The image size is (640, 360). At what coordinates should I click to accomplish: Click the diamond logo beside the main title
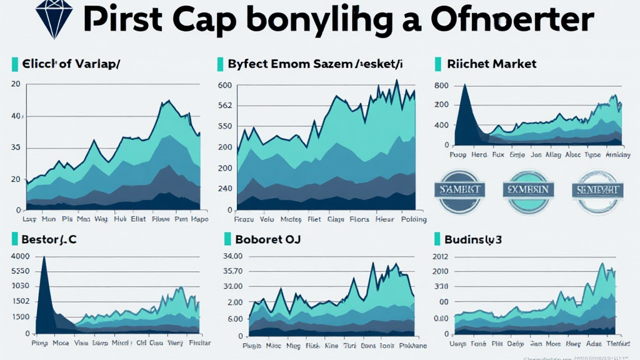[53, 19]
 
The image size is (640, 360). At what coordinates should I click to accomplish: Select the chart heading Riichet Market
[492, 64]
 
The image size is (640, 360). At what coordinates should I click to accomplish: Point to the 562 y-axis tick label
[225, 106]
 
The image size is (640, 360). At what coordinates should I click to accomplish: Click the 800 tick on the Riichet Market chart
[441, 86]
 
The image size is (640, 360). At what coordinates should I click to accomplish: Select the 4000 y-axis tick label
[20, 256]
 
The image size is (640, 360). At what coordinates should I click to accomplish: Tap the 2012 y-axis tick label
[440, 256]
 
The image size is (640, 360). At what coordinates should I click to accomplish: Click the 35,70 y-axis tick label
[232, 271]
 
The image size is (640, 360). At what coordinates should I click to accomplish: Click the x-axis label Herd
[479, 153]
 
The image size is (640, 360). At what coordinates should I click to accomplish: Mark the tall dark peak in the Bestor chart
[44, 257]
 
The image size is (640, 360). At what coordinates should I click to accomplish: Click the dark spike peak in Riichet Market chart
[464, 86]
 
